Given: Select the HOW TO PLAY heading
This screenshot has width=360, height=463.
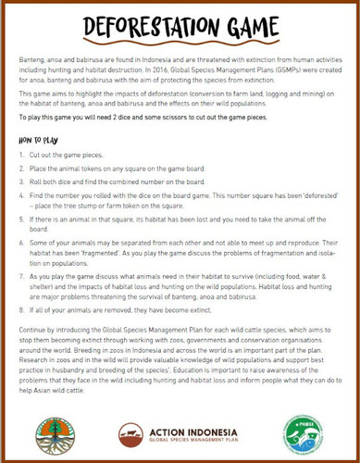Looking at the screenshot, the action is pos(41,140).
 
